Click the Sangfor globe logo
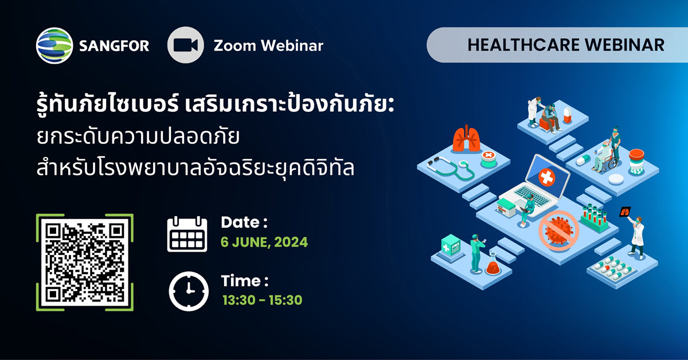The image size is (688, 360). (54, 45)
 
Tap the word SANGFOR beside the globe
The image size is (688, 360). (114, 46)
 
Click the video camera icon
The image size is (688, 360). (186, 45)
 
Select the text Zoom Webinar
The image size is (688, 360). (268, 46)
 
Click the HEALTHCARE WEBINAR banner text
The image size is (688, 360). (566, 45)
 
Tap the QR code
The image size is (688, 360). (85, 263)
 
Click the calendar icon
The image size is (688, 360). (187, 234)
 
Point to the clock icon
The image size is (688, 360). (189, 291)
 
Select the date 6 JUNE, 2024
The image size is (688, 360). (264, 242)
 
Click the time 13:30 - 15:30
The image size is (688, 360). (263, 300)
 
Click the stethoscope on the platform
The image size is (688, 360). (451, 169)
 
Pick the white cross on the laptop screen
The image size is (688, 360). (547, 178)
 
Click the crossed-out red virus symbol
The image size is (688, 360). (558, 230)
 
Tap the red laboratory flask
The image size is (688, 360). (493, 264)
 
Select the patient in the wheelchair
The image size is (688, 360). (603, 156)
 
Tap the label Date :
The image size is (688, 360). (244, 222)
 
